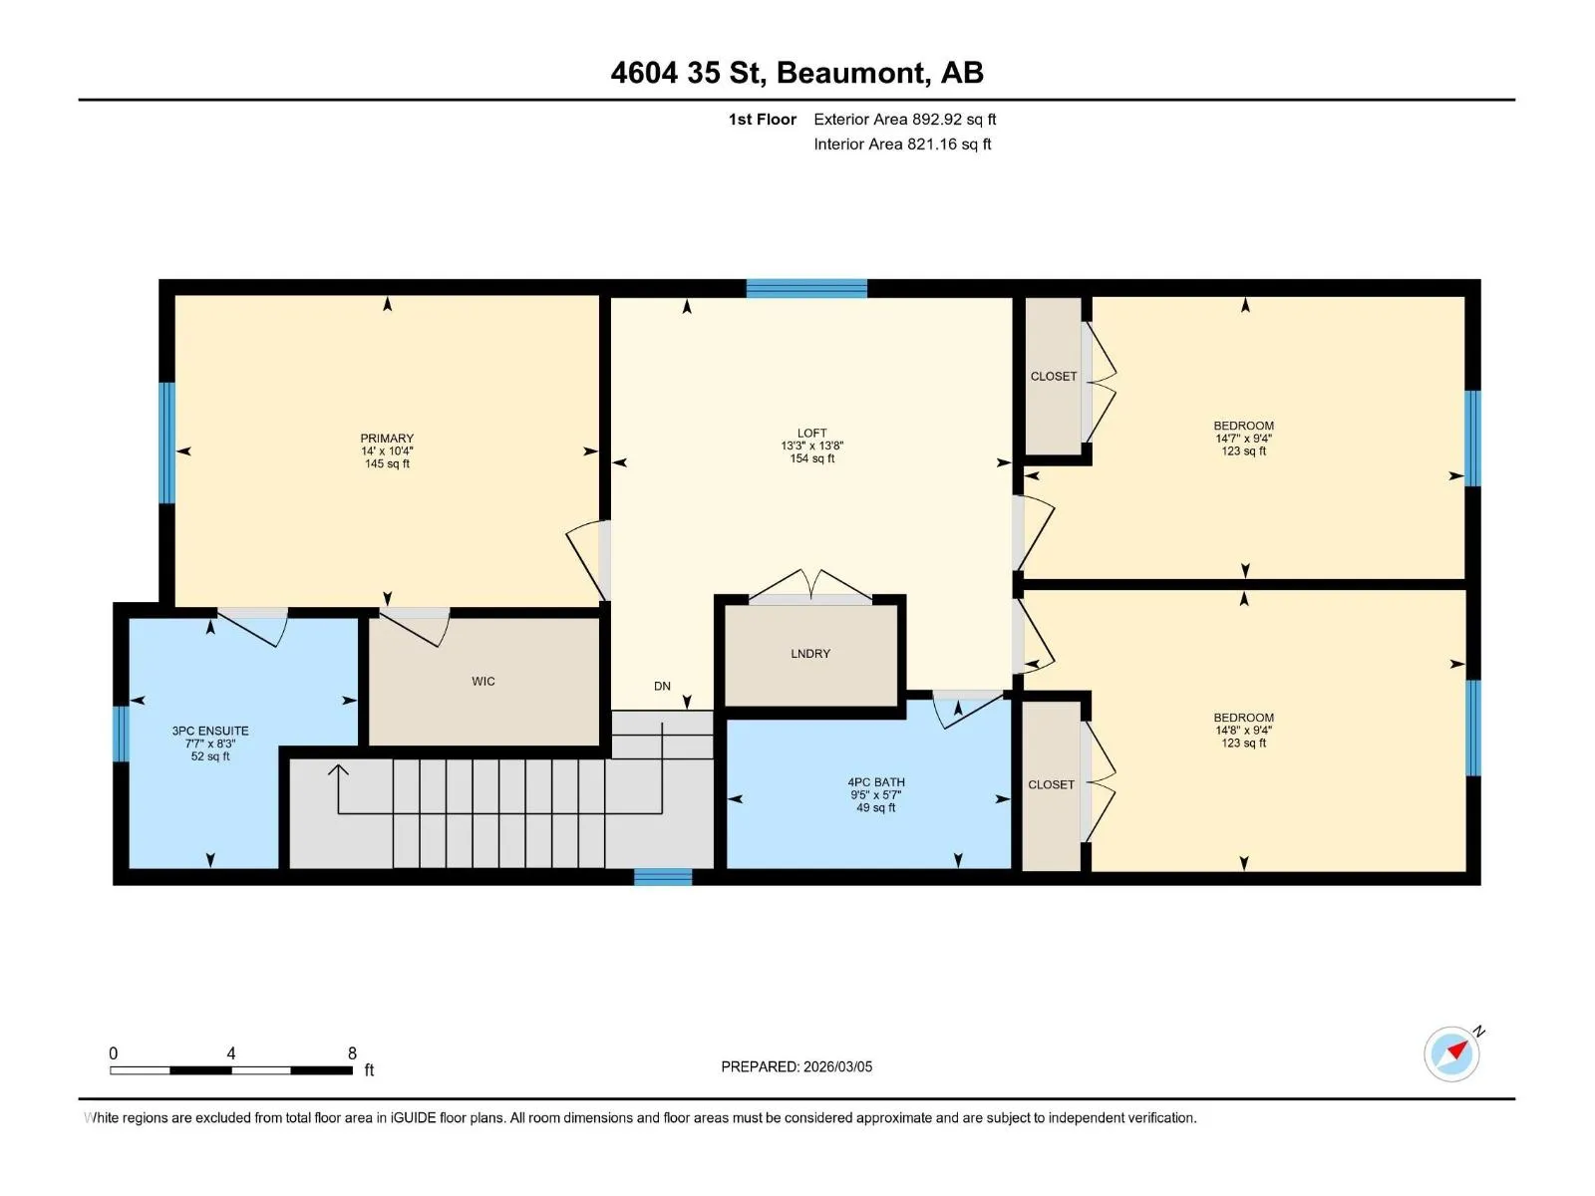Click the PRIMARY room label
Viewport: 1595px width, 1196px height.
(387, 438)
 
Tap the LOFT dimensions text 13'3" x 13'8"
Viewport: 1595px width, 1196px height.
(811, 446)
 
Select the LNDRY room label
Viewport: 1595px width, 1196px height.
(810, 654)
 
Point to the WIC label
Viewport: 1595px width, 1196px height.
(483, 681)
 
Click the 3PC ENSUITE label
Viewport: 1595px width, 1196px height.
(210, 731)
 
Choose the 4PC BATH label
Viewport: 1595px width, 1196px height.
(875, 782)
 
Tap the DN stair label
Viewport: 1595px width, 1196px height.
(662, 687)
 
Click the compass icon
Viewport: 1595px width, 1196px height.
(1452, 1054)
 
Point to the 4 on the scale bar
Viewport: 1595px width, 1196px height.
(231, 1052)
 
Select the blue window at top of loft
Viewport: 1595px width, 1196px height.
(806, 288)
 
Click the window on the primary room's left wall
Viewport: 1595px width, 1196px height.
(167, 443)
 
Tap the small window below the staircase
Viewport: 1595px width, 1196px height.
(663, 877)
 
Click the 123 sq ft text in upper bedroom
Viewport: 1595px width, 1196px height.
(1243, 450)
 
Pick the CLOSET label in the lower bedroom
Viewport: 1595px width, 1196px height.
(1051, 784)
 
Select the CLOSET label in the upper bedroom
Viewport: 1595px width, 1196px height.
(1053, 376)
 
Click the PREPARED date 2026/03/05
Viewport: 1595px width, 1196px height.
(837, 1066)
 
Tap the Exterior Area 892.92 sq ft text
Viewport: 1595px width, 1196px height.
(905, 119)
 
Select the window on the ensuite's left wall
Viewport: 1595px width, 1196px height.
(121, 734)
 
